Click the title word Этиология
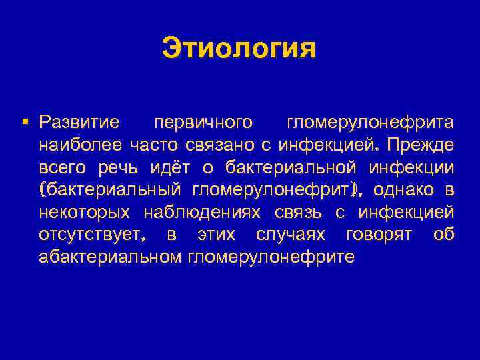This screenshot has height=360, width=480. (x=239, y=49)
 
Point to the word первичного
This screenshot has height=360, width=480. (x=203, y=123)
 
